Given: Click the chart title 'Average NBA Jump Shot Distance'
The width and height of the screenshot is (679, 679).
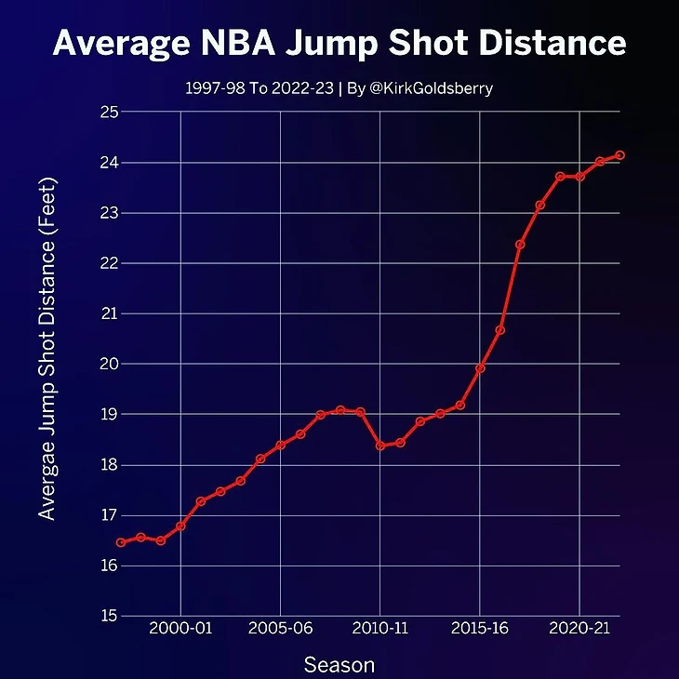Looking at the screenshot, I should click(339, 43).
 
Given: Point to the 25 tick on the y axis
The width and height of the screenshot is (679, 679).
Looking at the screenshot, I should click(109, 113).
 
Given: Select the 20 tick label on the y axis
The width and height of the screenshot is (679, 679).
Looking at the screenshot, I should click(109, 364).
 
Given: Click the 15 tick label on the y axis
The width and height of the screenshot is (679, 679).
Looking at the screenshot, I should click(109, 616).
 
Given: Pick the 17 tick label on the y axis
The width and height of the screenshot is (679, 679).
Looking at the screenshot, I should click(109, 515).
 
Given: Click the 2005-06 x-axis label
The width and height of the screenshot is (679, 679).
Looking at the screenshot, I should click(280, 630).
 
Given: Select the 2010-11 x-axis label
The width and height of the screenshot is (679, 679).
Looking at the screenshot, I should click(380, 630).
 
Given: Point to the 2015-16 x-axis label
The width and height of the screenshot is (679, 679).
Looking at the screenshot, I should click(480, 630).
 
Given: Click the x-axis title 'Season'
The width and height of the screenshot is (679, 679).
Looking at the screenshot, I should click(339, 664).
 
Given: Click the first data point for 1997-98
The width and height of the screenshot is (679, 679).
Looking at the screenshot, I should click(120, 542).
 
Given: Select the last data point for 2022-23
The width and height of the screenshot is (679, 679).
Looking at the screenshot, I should click(620, 155).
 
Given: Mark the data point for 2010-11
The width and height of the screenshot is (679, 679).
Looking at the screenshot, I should click(380, 446).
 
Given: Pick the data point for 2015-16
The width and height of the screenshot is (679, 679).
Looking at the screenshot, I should click(480, 368).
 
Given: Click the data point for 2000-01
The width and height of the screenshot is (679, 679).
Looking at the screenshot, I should click(180, 526).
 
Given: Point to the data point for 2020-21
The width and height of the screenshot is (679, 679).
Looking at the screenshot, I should click(580, 177).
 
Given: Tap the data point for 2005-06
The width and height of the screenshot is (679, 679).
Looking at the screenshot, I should click(280, 446).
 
